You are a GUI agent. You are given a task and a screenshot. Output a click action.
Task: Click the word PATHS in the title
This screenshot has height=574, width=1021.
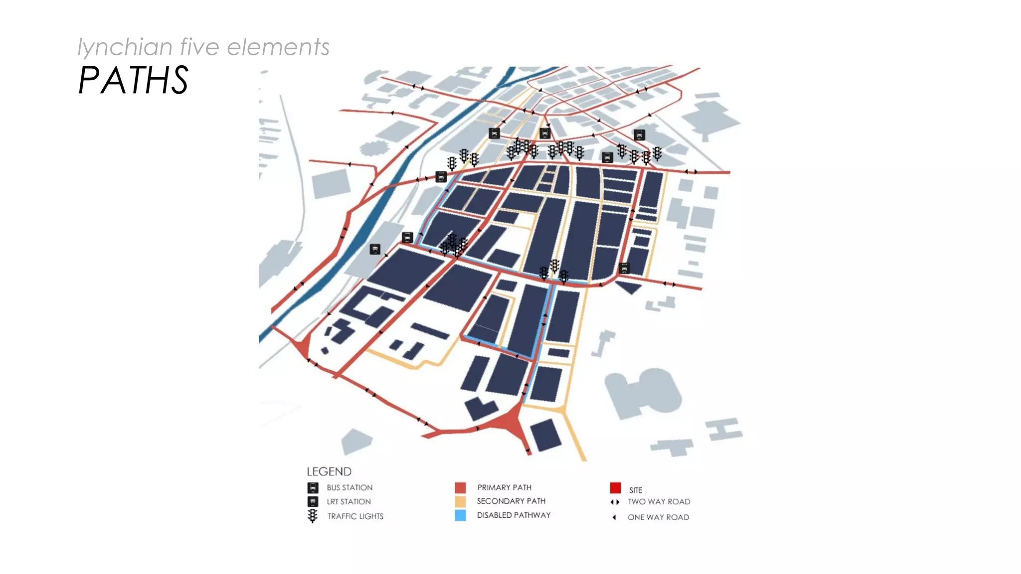click(x=133, y=80)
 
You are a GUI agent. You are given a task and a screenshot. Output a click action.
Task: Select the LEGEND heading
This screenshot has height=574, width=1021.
click(x=329, y=471)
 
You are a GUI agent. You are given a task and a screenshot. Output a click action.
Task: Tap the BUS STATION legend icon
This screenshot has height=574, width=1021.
click(x=313, y=487)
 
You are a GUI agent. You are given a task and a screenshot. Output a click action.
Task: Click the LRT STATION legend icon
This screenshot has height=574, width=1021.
click(x=313, y=501)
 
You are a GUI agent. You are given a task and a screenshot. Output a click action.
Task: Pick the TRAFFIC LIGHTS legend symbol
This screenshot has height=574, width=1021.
click(x=313, y=516)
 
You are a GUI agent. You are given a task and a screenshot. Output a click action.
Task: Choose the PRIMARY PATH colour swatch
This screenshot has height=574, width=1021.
click(x=460, y=487)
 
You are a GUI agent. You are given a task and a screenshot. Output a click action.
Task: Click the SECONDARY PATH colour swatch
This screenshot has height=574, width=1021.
click(x=460, y=501)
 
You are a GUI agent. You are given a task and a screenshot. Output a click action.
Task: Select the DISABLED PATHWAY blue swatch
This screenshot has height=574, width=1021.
click(x=460, y=515)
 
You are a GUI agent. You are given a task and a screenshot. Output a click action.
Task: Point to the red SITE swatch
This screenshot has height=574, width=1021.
click(x=615, y=487)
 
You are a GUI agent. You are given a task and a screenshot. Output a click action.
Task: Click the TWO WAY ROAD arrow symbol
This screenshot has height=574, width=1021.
click(x=615, y=502)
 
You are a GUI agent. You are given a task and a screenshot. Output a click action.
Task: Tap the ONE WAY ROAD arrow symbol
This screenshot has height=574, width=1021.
click(x=614, y=517)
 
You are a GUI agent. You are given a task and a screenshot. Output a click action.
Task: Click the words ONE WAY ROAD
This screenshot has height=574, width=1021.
click(x=658, y=517)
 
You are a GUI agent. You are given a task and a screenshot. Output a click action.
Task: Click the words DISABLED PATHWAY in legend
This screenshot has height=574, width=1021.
click(x=513, y=515)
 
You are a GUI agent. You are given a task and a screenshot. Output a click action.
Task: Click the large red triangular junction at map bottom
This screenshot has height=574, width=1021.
click(x=509, y=424)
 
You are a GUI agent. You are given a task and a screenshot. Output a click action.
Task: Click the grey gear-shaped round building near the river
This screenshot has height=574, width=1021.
click(x=373, y=148)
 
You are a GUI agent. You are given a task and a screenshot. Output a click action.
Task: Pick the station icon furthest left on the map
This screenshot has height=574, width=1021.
click(x=375, y=249)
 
